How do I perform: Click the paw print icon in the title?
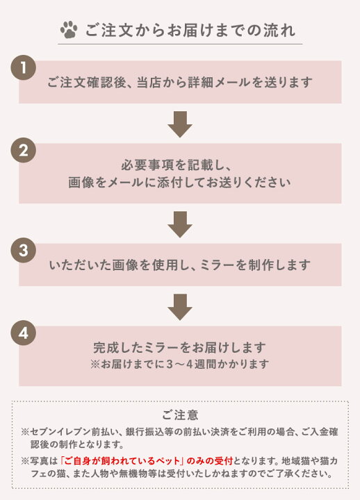(69, 30)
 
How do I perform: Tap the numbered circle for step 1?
(24, 67)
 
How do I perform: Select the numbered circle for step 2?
(24, 150)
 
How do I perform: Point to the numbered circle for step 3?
(24, 250)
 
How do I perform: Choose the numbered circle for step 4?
(24, 333)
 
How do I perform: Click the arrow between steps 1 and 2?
(180, 124)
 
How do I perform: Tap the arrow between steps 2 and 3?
(180, 224)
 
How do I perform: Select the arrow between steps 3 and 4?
(180, 307)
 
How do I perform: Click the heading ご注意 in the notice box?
(180, 415)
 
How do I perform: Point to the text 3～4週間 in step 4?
(192, 364)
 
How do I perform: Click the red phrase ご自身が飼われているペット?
(123, 460)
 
